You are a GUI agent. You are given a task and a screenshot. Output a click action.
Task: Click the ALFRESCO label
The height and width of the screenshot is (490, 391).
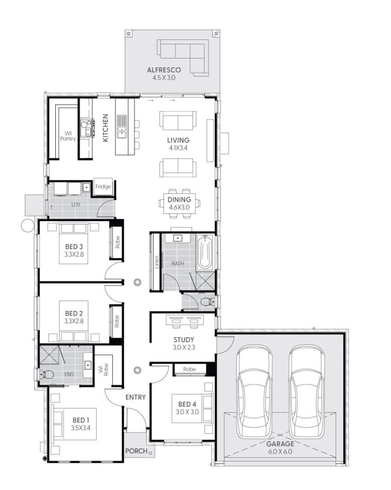(164, 70)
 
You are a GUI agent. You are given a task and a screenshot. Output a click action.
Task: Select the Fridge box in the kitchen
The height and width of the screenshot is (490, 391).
(103, 187)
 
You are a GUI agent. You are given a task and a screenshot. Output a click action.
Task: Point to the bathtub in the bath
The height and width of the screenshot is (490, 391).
(204, 252)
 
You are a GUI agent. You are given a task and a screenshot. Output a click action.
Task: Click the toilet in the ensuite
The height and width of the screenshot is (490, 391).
(47, 375)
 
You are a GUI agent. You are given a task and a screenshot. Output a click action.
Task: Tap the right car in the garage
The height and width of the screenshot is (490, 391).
(307, 392)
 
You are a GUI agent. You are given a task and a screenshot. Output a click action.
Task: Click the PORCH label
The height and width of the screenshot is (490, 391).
(137, 451)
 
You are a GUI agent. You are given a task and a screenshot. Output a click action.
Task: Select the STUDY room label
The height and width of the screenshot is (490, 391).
(183, 340)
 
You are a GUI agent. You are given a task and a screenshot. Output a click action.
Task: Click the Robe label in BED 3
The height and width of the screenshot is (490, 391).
(117, 243)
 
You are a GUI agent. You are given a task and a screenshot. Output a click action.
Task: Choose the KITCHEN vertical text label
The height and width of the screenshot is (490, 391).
(105, 128)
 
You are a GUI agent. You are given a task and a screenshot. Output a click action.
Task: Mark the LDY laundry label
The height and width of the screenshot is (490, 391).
(75, 205)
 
